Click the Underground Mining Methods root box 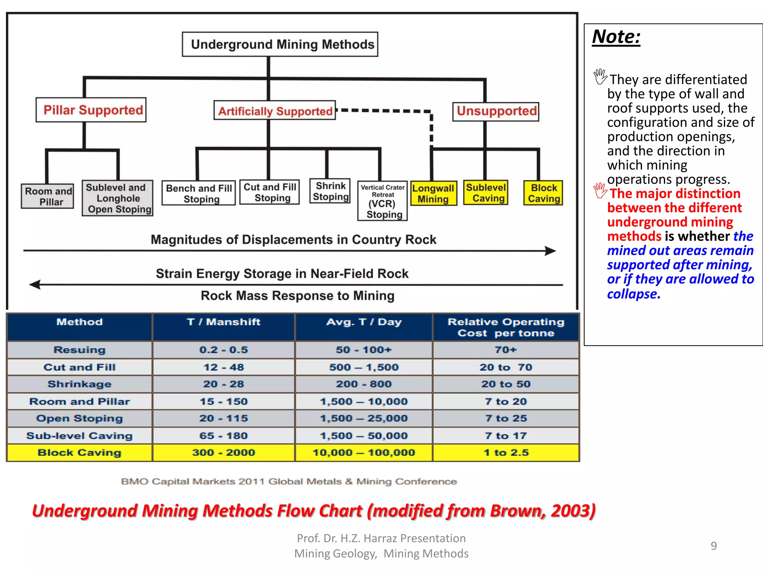(280, 44)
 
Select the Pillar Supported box (91, 110)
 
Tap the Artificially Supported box (275, 111)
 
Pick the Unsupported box (496, 111)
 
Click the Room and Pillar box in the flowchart (48, 196)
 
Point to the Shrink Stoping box (330, 191)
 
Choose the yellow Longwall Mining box (433, 193)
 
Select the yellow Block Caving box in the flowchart (543, 193)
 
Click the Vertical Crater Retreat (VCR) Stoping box (383, 201)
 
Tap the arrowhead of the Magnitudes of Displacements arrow (551, 251)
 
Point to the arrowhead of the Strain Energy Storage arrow (35, 285)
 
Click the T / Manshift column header (224, 322)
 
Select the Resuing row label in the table (79, 350)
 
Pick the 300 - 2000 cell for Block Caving (224, 452)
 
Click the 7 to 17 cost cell (506, 435)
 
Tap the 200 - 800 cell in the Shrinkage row (364, 384)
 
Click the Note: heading (616, 37)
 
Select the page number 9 (713, 546)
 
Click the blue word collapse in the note (633, 294)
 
